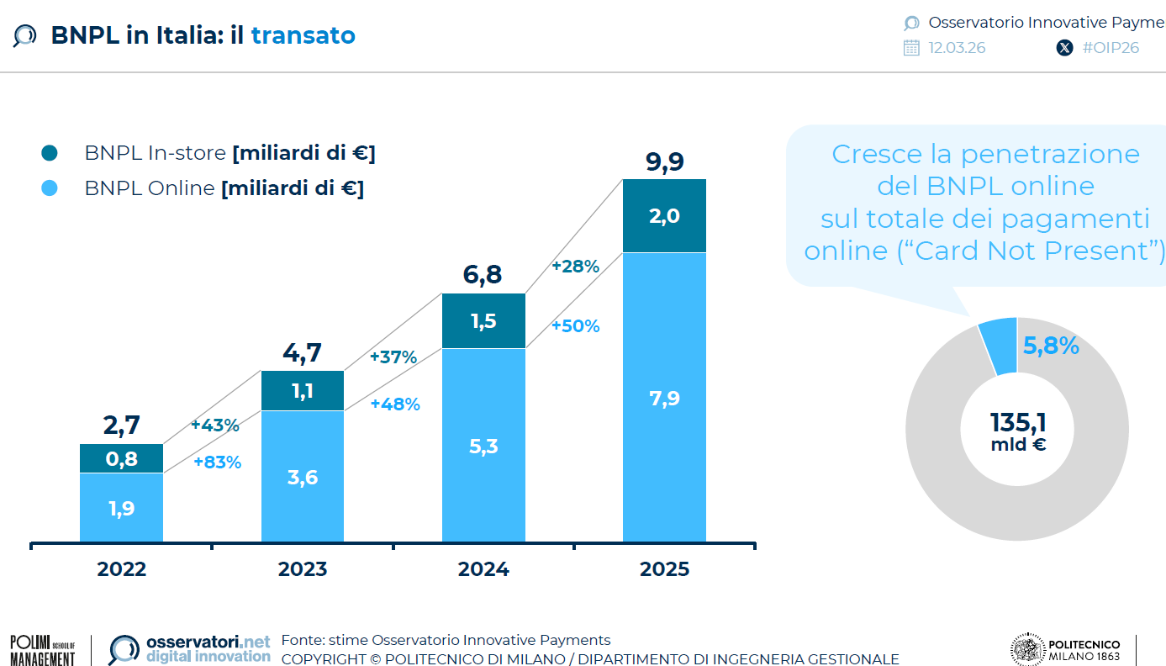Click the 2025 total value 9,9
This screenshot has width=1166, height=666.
tap(664, 161)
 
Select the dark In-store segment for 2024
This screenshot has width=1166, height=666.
tap(483, 320)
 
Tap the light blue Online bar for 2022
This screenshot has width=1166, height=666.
tap(122, 507)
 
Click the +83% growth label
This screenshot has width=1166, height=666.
tap(217, 462)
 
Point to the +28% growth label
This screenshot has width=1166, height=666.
tap(575, 267)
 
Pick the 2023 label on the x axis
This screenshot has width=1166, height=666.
tap(303, 569)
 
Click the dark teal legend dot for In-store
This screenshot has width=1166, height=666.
tap(49, 153)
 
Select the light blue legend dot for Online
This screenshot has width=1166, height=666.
tap(49, 188)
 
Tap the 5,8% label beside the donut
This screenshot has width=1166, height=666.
tap(1051, 345)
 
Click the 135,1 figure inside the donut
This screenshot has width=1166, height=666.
tap(1018, 421)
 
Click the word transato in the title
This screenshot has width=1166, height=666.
tap(303, 35)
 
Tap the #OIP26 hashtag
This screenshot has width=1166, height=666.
tap(1110, 48)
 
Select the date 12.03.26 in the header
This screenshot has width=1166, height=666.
tap(957, 48)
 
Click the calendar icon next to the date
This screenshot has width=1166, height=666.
tap(911, 48)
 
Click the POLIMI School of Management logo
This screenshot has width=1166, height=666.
tap(42, 650)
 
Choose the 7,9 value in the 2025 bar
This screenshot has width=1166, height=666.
tap(664, 398)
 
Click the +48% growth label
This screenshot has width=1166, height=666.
tap(394, 404)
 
